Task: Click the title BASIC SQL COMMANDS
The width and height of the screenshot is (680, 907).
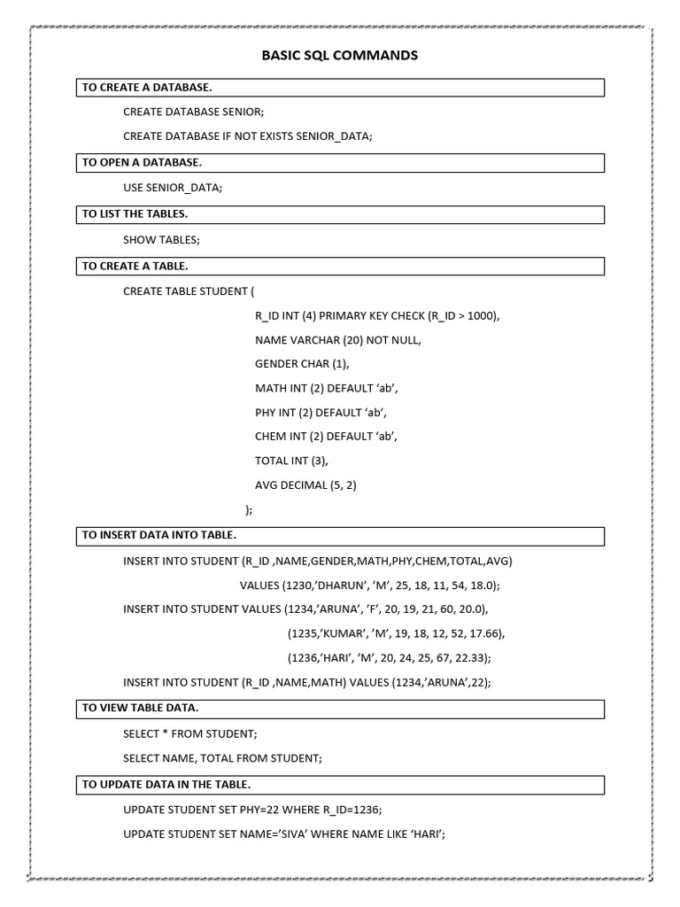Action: pyautogui.click(x=339, y=56)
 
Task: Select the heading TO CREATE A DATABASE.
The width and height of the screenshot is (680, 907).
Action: pyautogui.click(x=147, y=87)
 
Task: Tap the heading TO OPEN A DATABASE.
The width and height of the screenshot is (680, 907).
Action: pyautogui.click(x=142, y=162)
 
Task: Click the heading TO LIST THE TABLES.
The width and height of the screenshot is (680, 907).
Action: pyautogui.click(x=135, y=213)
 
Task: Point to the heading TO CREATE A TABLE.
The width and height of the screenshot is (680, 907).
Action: pyautogui.click(x=135, y=265)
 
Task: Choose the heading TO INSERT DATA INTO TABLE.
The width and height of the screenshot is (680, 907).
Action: pyautogui.click(x=159, y=535)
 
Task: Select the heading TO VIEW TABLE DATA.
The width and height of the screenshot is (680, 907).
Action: pyautogui.click(x=140, y=708)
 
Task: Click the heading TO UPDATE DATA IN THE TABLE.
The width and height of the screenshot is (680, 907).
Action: pyautogui.click(x=166, y=784)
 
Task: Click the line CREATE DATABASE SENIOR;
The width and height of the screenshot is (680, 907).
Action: pyautogui.click(x=193, y=112)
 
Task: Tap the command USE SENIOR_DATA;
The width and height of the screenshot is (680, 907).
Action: pyautogui.click(x=173, y=188)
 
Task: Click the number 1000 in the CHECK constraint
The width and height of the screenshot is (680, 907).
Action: pyautogui.click(x=483, y=315)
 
